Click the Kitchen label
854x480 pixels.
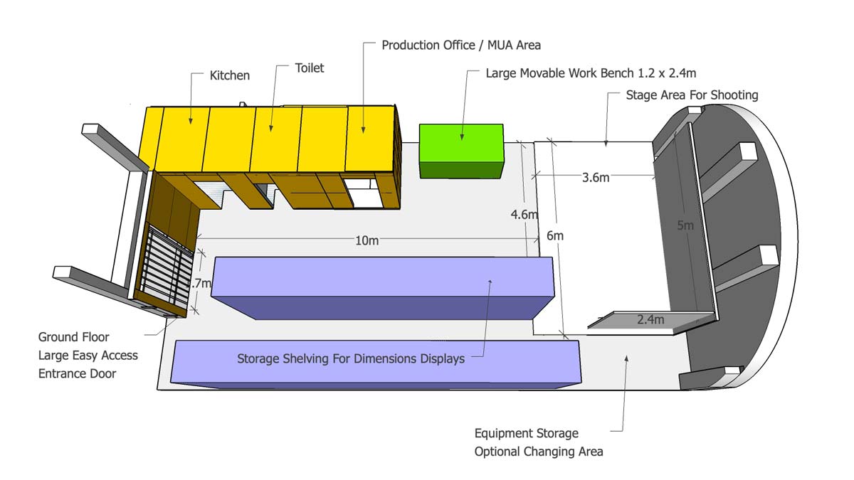coord(230,75)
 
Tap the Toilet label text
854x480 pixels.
coord(310,68)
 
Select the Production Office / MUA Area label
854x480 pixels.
coord(461,45)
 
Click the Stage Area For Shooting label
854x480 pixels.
coord(692,95)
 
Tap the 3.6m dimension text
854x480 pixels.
coord(596,178)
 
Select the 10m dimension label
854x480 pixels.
coord(367,240)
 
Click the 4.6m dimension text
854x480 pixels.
coord(524,214)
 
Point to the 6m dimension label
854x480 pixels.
coord(555,235)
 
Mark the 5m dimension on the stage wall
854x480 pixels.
coord(685,225)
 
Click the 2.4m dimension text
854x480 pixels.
coord(650,320)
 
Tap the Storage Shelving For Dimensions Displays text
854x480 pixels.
coord(351,358)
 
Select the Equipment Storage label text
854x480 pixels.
coord(527,433)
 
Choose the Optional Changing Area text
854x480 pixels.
coord(539,452)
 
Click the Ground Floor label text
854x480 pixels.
coord(74,337)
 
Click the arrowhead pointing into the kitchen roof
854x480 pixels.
coord(190,124)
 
